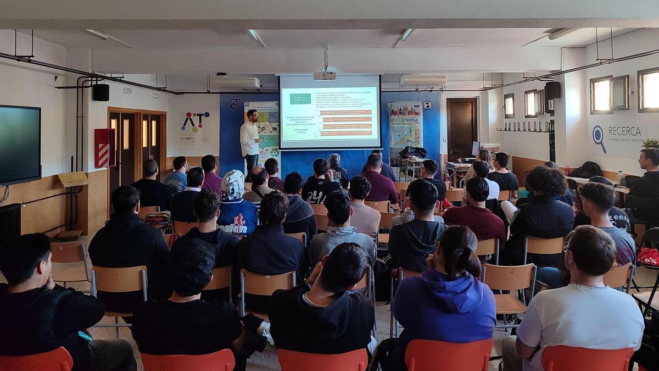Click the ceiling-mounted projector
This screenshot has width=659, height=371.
coord(325,75)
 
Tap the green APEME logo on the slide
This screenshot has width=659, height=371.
coord(300,98)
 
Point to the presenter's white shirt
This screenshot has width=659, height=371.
coord(249,138)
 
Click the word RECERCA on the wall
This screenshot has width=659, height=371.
coord(625,131)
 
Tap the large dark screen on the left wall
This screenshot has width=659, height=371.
coord(20,145)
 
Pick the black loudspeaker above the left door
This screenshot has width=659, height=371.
coord(101,92)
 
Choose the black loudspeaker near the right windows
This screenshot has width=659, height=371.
coord(552,90)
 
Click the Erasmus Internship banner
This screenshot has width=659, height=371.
coord(405,125)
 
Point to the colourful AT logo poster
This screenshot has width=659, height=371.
coord(195,123)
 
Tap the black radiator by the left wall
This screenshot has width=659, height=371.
coord(10,222)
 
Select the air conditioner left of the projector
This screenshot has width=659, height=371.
coord(236,83)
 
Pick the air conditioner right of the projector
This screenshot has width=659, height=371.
coord(422,81)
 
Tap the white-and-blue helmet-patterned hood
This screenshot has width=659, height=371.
coord(232,185)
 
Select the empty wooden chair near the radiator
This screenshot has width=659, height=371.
coord(69,259)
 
